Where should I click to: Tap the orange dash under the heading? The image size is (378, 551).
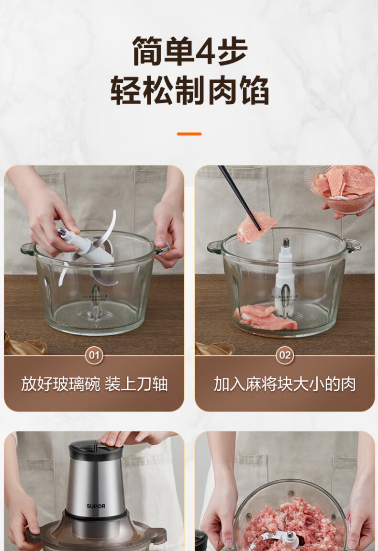pos(189,134)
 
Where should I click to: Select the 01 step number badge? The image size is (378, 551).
pos(94,355)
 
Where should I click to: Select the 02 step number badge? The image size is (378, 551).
pos(285,355)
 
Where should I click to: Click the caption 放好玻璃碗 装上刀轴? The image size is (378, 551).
pos(94,384)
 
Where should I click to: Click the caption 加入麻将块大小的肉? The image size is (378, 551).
pos(285,384)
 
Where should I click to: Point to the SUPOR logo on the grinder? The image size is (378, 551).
pos(96,506)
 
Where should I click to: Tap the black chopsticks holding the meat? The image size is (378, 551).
pos(239,198)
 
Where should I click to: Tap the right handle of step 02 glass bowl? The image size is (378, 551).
pos(354,245)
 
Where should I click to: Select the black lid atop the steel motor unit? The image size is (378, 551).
pos(96,450)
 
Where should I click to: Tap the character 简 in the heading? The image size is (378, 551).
pos(147,51)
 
